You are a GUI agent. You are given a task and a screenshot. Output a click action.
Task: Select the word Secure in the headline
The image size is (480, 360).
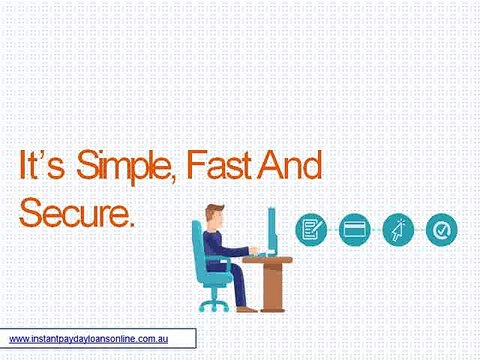tap(74, 212)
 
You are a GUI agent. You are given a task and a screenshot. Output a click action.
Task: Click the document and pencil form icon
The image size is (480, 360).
tap(311, 230)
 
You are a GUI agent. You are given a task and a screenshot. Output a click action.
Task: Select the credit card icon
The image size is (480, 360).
tap(354, 230)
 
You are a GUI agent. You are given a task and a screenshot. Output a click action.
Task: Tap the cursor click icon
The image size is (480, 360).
tap(397, 230)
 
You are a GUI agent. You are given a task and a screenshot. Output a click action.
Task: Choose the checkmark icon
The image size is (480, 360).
tap(440, 230)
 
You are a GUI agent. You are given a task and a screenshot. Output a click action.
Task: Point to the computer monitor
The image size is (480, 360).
tap(271, 229)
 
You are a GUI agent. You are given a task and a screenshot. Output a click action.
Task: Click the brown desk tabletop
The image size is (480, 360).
tap(267, 260)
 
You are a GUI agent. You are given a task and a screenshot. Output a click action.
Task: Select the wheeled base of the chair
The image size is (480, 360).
tap(213, 303)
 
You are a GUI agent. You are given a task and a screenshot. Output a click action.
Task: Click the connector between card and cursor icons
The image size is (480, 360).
tap(376, 230)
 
